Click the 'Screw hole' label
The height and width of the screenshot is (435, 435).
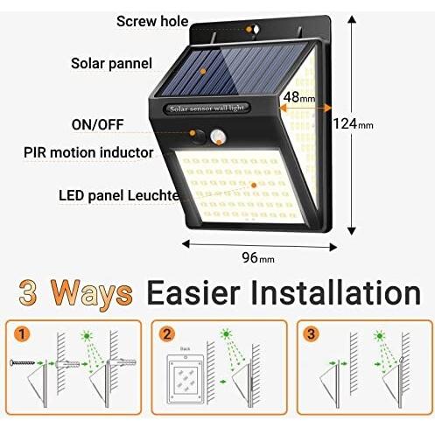tap(152, 21)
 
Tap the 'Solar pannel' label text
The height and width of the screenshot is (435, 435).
tap(112, 64)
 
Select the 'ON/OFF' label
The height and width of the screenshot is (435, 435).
tap(98, 124)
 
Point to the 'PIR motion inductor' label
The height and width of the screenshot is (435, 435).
tap(88, 152)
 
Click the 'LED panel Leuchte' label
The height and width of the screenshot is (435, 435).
tap(119, 195)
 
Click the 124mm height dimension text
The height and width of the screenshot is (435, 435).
tap(354, 123)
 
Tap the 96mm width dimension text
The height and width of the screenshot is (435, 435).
tap(258, 257)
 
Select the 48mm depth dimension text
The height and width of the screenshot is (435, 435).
tap(299, 97)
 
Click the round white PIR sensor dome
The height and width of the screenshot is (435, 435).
tap(218, 137)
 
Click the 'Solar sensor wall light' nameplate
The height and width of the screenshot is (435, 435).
tap(207, 109)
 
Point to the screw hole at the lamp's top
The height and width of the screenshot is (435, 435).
tap(256, 30)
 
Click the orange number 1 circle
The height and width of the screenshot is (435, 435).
tap(22, 333)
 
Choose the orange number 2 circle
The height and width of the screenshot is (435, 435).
tap(167, 333)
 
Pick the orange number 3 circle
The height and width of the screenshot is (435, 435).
tap(312, 333)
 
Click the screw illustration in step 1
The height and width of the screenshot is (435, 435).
tap(23, 363)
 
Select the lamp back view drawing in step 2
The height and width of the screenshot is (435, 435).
tap(185, 379)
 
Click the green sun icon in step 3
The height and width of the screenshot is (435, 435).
tap(379, 336)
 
